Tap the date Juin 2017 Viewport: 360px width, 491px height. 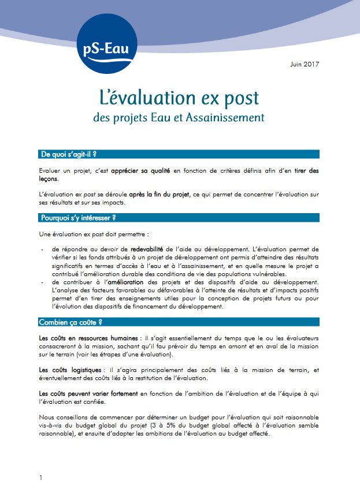click(305, 64)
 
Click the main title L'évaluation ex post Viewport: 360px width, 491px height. click(179, 96)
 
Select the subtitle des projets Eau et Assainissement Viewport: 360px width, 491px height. click(179, 117)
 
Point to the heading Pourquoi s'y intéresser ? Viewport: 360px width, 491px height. click(79, 218)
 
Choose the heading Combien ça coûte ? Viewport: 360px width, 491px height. click(71, 322)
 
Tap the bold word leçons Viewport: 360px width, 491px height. click(49, 179)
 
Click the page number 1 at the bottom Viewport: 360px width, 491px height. click(40, 478)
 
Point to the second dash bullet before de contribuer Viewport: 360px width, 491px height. click(43, 282)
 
